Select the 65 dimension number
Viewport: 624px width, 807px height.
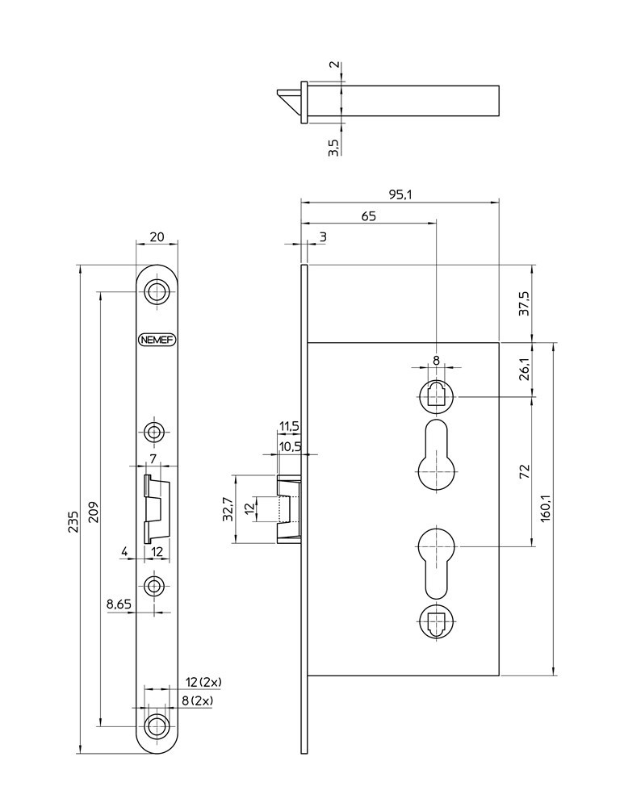coord(367,215)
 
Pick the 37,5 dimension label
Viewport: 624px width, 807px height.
coord(524,303)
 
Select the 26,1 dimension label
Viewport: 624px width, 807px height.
coord(524,369)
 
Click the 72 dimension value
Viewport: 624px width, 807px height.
coord(524,470)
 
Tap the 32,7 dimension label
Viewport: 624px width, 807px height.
coord(228,510)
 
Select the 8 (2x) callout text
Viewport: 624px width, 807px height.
coord(197,701)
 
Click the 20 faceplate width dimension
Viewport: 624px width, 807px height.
coord(157,236)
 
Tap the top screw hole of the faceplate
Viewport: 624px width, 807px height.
coord(157,291)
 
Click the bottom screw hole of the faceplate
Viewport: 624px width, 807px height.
coord(157,723)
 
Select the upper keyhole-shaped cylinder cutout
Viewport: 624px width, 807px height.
coord(436,457)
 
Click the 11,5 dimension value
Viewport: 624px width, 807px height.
coord(289,425)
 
